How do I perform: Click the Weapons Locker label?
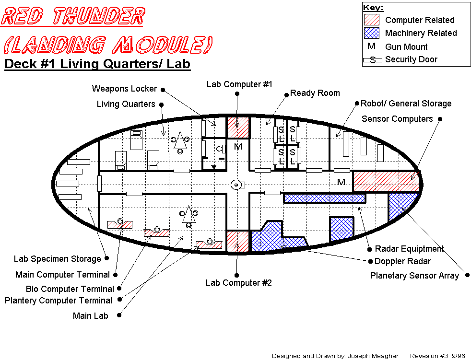(x=124, y=89)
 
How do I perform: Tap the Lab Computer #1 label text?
(x=239, y=84)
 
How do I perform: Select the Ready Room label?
(x=315, y=93)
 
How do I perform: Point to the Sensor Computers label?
(x=397, y=119)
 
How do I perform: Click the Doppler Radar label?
(x=402, y=261)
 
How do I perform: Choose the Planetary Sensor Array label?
(x=414, y=276)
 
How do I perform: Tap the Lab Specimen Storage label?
(x=58, y=259)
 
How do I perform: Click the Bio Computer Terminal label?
(x=70, y=289)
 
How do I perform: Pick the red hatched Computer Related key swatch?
(x=372, y=20)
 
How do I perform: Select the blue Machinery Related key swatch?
(x=372, y=33)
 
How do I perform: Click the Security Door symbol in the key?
(x=373, y=60)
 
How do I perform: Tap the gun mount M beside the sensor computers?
(x=341, y=182)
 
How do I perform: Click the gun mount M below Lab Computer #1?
(x=238, y=147)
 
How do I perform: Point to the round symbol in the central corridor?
(x=236, y=185)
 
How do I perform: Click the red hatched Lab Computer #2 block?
(x=238, y=241)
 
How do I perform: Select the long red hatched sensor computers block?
(x=386, y=181)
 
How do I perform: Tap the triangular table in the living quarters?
(x=180, y=140)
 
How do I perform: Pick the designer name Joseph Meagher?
(x=373, y=356)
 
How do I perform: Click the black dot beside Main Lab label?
(x=119, y=315)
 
